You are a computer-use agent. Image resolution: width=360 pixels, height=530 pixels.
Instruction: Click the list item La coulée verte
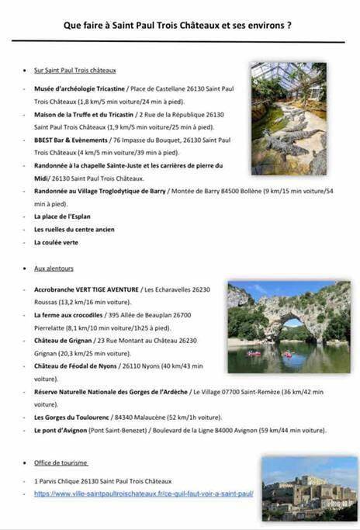coord(56,242)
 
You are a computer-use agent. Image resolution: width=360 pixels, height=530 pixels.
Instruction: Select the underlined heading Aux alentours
coord(54,268)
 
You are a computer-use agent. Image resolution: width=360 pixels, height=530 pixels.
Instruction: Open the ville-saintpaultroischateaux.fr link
coord(144,494)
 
